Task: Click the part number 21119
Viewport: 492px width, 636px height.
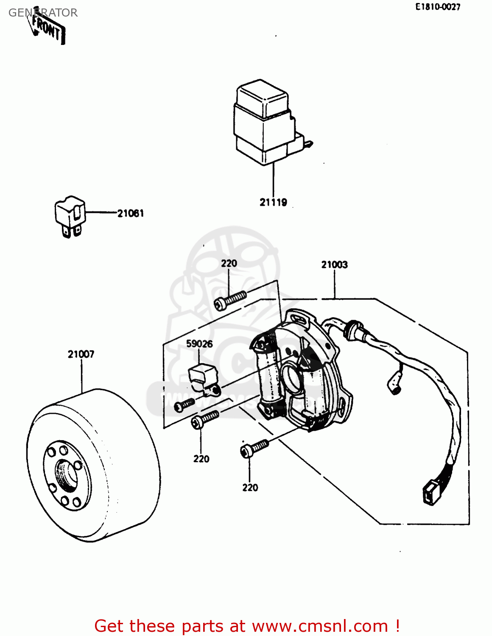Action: coord(273,202)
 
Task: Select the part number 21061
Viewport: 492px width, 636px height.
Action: coord(130,213)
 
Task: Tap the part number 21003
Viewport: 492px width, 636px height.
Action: coord(334,265)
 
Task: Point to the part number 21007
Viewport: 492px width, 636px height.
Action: coord(81,354)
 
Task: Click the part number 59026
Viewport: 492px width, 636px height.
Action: coord(199,344)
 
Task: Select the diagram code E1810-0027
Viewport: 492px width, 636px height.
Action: coord(437,7)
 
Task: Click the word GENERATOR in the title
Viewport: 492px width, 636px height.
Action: coord(43,13)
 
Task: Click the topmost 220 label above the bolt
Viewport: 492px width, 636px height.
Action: coord(229,263)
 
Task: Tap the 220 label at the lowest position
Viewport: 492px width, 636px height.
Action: coord(250,488)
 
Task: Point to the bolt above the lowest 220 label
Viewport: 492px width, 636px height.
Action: coord(254,448)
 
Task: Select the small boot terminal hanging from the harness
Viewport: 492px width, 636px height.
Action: coord(395,384)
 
